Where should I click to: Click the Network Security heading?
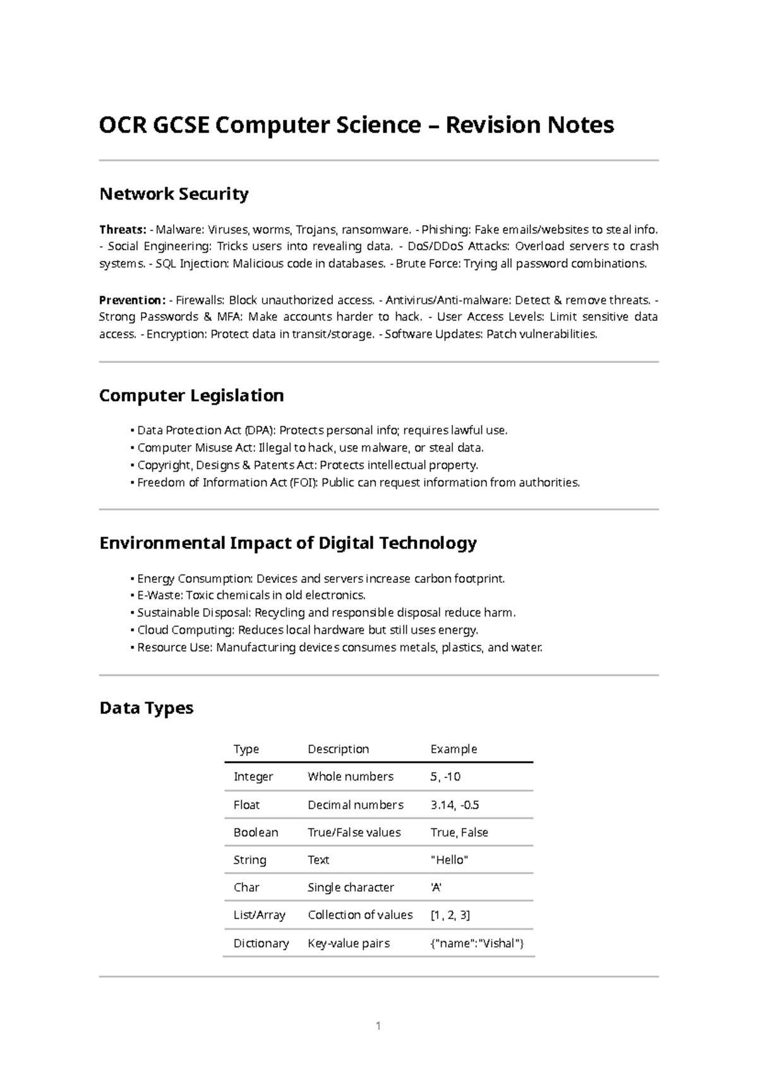(174, 194)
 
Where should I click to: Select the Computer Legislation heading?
(191, 396)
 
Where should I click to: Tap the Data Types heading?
(146, 708)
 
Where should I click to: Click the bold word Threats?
(123, 229)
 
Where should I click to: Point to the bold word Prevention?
(132, 300)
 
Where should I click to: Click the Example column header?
(454, 749)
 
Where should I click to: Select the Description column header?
(338, 749)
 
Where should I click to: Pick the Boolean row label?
(256, 832)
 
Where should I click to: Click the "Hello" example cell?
(449, 860)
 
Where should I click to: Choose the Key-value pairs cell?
(349, 943)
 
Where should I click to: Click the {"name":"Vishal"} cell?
(477, 943)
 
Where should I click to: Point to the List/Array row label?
(260, 915)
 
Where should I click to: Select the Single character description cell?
(351, 887)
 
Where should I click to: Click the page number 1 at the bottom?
(378, 1026)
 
